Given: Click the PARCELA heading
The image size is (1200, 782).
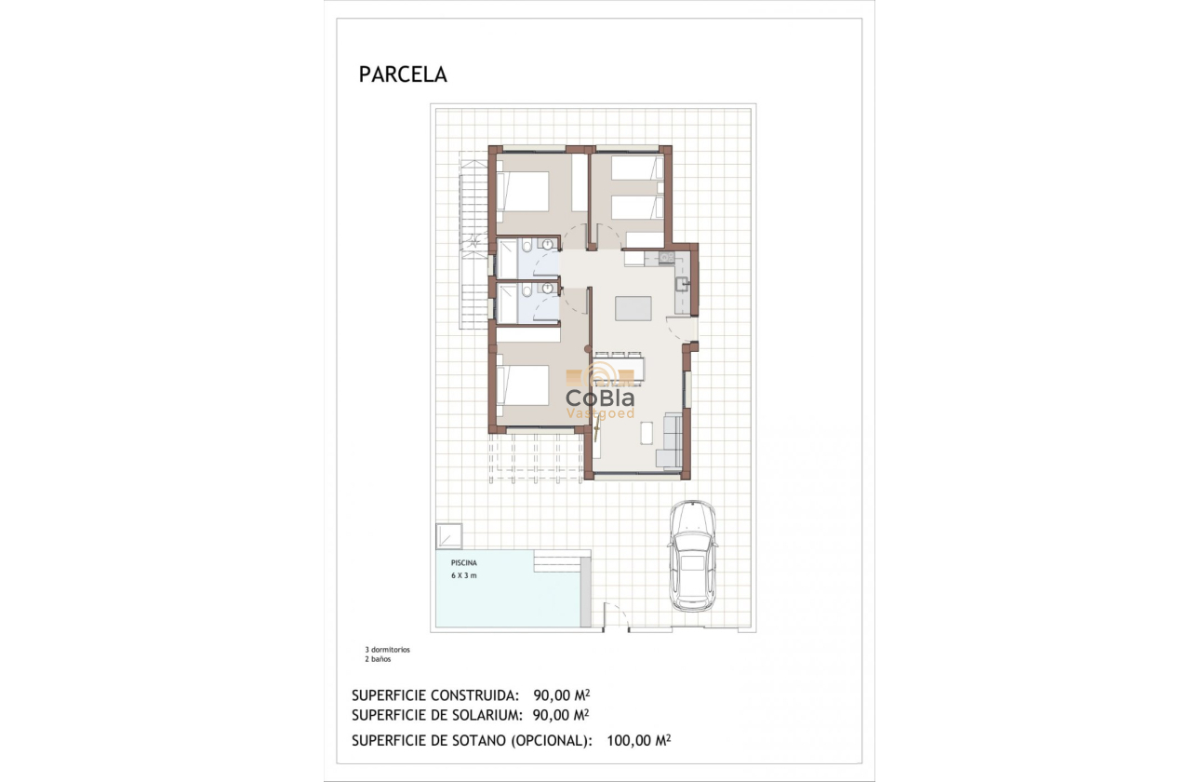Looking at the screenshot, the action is click(403, 74).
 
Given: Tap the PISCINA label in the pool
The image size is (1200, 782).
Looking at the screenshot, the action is click(464, 563).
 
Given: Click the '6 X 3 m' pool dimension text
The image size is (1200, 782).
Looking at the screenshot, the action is click(464, 575).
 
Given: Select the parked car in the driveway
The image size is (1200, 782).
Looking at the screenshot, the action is click(693, 556).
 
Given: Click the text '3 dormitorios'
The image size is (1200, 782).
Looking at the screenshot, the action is click(387, 650).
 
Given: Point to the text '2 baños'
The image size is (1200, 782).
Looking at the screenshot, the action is click(378, 659).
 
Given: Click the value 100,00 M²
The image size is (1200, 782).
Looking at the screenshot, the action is click(638, 740).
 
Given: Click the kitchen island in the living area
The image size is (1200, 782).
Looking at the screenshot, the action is click(633, 309).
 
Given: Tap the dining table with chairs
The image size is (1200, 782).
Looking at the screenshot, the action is click(620, 369).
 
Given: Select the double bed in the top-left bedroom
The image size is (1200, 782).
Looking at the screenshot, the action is click(524, 192).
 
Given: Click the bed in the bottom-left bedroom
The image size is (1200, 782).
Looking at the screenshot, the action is click(524, 384).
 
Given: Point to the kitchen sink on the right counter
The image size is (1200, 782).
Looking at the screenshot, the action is click(682, 284).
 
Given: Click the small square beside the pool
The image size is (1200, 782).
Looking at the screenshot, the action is click(449, 536).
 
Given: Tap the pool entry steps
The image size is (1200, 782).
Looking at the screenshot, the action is click(557, 563).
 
